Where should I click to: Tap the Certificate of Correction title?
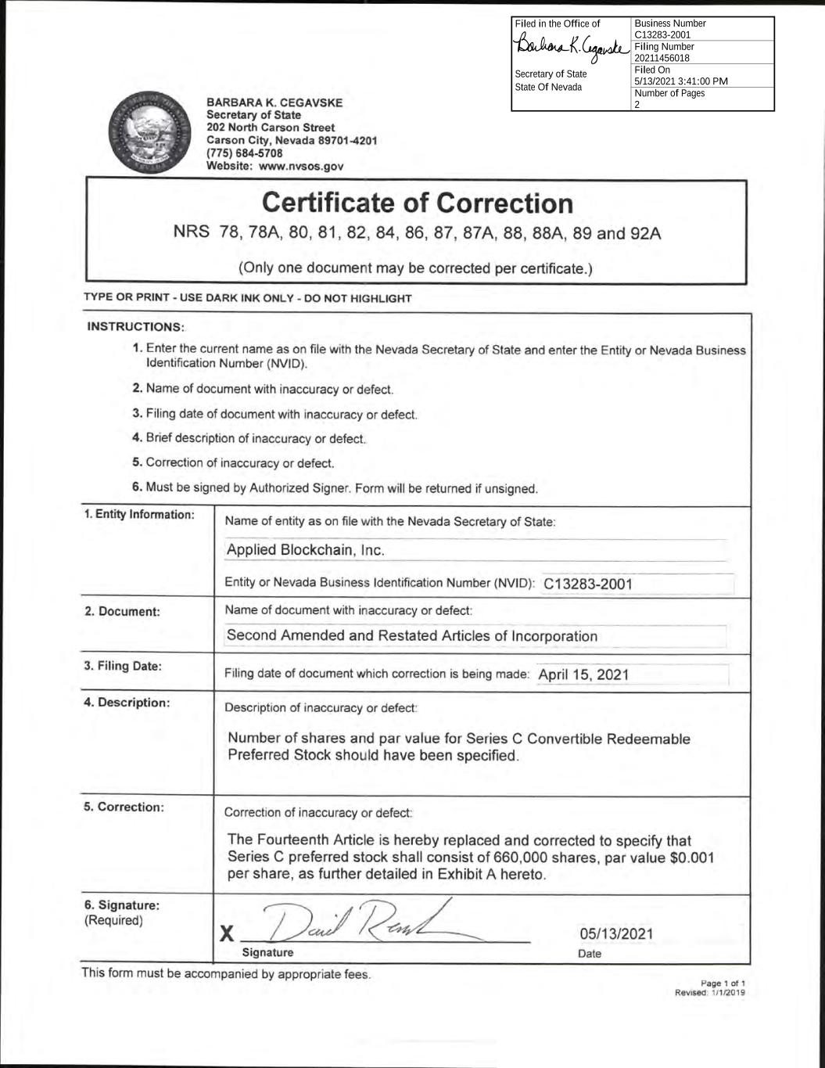pyautogui.click(x=418, y=203)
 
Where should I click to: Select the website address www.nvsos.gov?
pyautogui.click(x=301, y=167)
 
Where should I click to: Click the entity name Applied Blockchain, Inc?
pyautogui.click(x=305, y=550)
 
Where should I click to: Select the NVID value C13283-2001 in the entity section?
pyautogui.click(x=587, y=584)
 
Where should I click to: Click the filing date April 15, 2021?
pyautogui.click(x=583, y=674)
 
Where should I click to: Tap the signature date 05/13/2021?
pyautogui.click(x=615, y=933)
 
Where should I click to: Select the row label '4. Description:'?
pyautogui.click(x=127, y=703)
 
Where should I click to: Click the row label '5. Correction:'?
pyautogui.click(x=124, y=807)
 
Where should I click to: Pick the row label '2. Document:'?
pyautogui.click(x=122, y=612)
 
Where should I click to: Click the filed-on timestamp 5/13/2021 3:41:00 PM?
pyautogui.click(x=680, y=81)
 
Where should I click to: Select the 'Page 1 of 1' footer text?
pyautogui.click(x=723, y=983)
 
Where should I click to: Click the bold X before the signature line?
pyautogui.click(x=227, y=933)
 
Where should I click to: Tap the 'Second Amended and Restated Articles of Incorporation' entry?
pyautogui.click(x=411, y=636)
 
